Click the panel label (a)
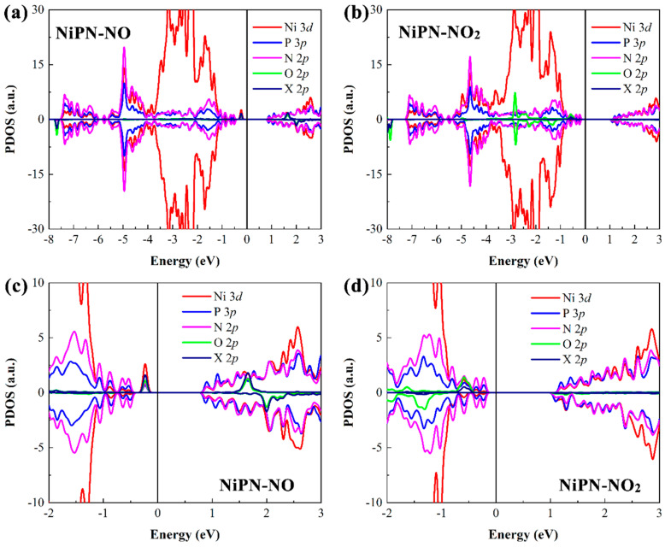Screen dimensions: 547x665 point(17,15)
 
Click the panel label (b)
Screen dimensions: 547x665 point(359,15)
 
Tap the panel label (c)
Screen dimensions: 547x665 point(17,286)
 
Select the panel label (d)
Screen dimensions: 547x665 point(359,286)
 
